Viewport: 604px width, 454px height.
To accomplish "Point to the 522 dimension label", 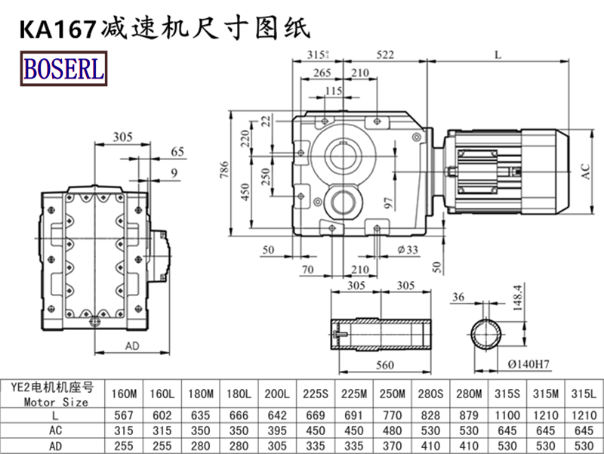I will pyautogui.click(x=385, y=54).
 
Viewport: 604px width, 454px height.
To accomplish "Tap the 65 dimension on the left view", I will pyautogui.click(x=177, y=152).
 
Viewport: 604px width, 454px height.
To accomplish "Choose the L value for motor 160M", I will pyautogui.click(x=123, y=415).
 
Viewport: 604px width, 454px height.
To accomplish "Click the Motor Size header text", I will pyautogui.click(x=56, y=402).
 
